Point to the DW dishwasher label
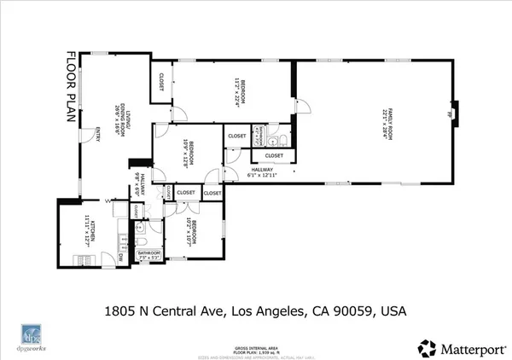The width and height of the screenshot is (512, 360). click(x=120, y=256)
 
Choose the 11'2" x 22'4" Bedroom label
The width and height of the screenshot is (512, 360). click(x=240, y=91)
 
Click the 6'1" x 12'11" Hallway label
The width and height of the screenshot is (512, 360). click(x=264, y=173)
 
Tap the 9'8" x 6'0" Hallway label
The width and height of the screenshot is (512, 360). click(x=140, y=185)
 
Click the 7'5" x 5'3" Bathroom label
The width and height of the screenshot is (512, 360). click(x=150, y=256)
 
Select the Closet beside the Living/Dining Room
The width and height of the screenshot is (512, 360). click(x=161, y=80)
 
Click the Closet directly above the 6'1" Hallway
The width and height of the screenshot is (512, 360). click(x=274, y=156)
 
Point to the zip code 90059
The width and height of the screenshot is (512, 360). click(x=353, y=311)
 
